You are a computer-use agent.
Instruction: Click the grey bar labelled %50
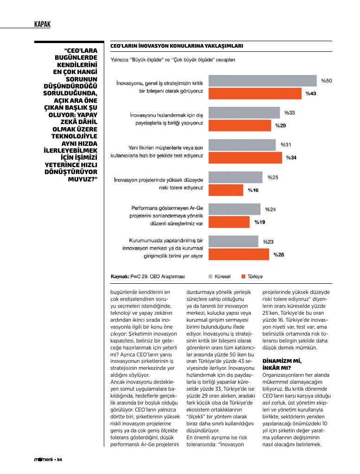(263, 81)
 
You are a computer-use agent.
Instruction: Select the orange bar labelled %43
(255, 94)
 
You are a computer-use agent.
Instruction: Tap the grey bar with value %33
(244, 113)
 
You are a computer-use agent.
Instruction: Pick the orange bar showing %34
(246, 157)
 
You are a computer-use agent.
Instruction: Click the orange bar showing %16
(226, 190)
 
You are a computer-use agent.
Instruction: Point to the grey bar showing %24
(234, 209)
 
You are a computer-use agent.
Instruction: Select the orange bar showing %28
(239, 254)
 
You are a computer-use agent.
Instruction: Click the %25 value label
(273, 177)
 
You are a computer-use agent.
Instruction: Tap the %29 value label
(280, 125)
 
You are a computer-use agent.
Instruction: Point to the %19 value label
(259, 222)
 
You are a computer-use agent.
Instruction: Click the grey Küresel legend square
(210, 276)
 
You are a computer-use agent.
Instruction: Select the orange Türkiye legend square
(243, 276)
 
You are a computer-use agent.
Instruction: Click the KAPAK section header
(42, 24)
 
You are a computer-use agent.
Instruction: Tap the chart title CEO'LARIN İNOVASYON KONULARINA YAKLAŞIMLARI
(177, 46)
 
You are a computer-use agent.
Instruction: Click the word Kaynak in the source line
(120, 276)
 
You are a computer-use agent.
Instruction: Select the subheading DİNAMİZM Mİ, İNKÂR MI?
(282, 364)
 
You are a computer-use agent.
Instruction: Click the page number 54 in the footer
(60, 460)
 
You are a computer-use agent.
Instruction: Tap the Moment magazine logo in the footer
(43, 460)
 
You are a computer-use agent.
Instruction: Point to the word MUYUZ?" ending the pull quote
(82, 179)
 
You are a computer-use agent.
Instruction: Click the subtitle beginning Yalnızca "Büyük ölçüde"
(173, 60)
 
